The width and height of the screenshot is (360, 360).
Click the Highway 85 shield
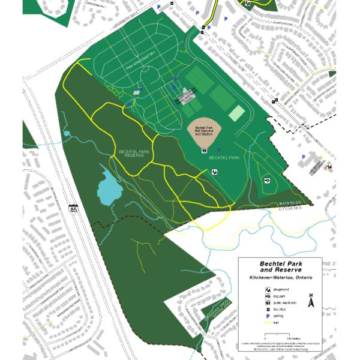(73, 209)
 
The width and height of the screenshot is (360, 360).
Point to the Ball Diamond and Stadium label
(204, 130)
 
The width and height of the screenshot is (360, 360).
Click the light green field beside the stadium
(237, 113)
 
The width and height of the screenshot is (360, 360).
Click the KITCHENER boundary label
(289, 209)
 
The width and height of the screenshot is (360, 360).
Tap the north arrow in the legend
(311, 302)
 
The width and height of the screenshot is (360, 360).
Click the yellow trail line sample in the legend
(266, 322)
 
